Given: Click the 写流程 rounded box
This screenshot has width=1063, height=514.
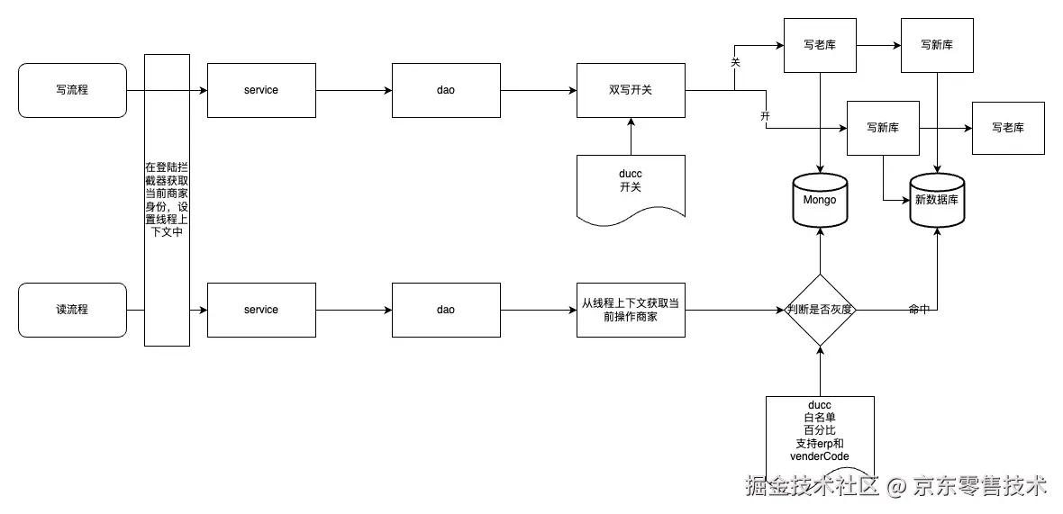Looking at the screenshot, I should tap(72, 90).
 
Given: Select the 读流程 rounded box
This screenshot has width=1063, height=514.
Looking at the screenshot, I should tap(72, 310).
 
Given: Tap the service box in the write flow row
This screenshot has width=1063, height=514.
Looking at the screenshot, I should tap(261, 90).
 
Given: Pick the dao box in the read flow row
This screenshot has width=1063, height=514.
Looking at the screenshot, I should tap(446, 310).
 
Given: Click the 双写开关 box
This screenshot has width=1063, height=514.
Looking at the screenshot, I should tap(631, 90).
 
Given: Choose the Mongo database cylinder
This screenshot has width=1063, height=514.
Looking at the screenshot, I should tap(820, 200).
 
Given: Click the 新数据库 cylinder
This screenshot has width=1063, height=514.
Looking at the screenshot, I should tap(938, 200).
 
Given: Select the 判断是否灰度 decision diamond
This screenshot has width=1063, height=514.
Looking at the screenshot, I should tap(820, 310).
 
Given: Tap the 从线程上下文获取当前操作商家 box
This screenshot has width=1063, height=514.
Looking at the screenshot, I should tap(631, 310).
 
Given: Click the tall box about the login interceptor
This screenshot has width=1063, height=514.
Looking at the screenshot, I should tap(167, 200).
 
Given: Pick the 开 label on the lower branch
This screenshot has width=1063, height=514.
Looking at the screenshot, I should tap(766, 117).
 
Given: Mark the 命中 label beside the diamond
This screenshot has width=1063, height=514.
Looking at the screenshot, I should tap(919, 309).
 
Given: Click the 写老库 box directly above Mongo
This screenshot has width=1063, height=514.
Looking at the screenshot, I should tap(820, 45).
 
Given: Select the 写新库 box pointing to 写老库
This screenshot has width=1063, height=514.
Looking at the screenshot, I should tap(883, 127).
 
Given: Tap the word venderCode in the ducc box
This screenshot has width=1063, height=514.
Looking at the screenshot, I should tap(820, 456).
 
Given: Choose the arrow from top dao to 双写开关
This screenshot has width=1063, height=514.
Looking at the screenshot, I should tap(538, 90).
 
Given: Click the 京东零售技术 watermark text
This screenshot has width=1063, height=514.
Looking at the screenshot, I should tap(980, 487).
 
